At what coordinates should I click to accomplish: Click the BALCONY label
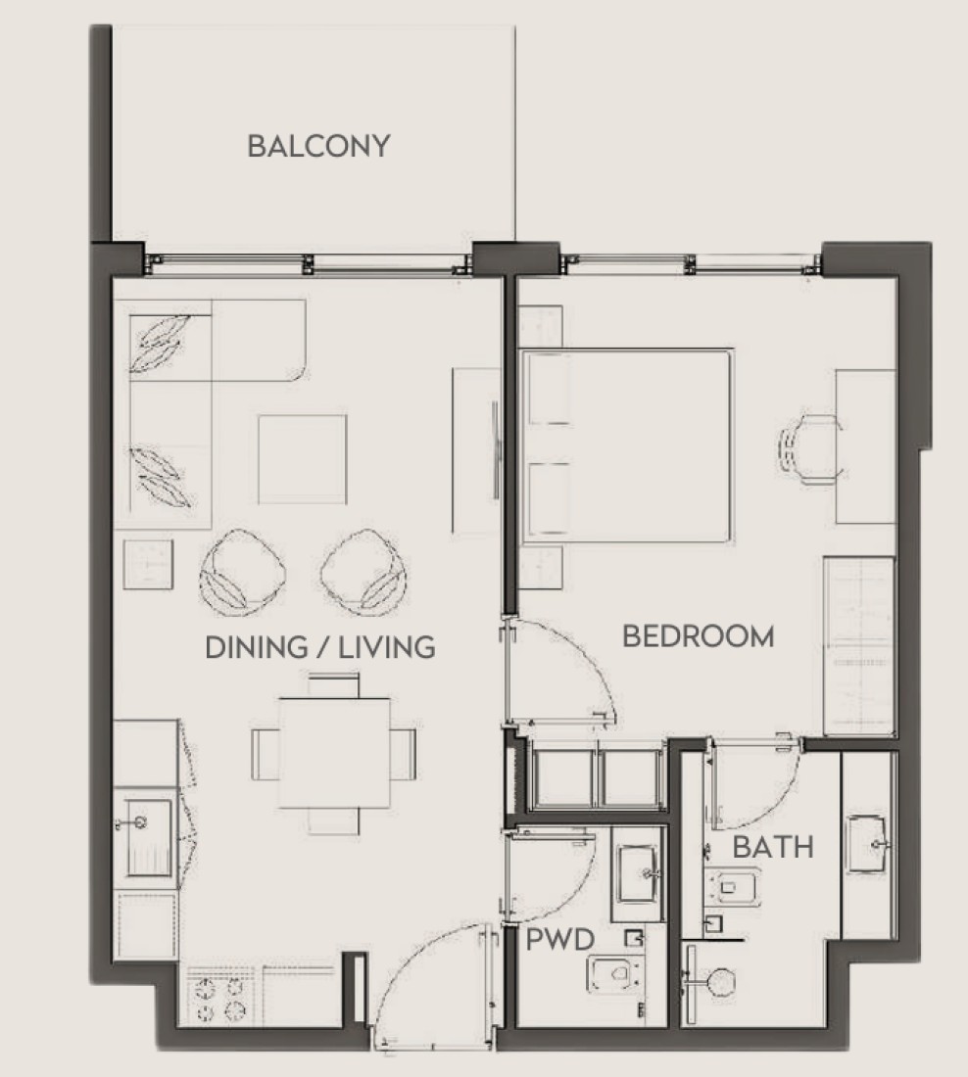tap(319, 146)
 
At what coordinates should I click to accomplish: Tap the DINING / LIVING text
tap(320, 648)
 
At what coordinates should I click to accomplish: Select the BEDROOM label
tap(698, 636)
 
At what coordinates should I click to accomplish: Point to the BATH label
tap(773, 847)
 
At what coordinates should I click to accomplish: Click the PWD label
tap(560, 940)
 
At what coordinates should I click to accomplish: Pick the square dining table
tap(334, 753)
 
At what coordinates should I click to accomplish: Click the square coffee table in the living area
tap(303, 459)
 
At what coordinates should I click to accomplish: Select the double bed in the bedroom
tap(626, 446)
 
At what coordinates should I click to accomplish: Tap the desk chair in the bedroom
tap(809, 449)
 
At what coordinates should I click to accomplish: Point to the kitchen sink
tap(146, 837)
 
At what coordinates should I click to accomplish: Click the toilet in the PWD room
tap(616, 973)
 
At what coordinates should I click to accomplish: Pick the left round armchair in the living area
tap(243, 572)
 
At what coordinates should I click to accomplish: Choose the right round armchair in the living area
tap(363, 572)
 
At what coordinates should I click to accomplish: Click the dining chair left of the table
tap(266, 754)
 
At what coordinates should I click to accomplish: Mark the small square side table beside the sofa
tap(148, 564)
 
